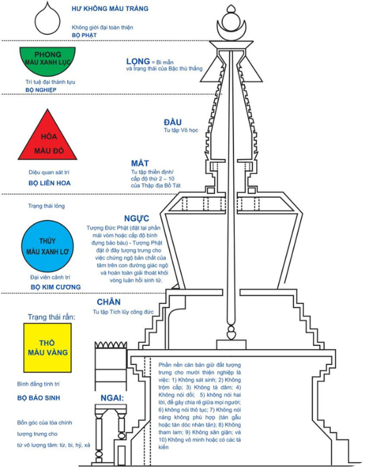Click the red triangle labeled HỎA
pyautogui.click(x=47, y=139)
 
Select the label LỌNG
pyautogui.click(x=137, y=61)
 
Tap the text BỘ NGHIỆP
pyautogui.click(x=41, y=90)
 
